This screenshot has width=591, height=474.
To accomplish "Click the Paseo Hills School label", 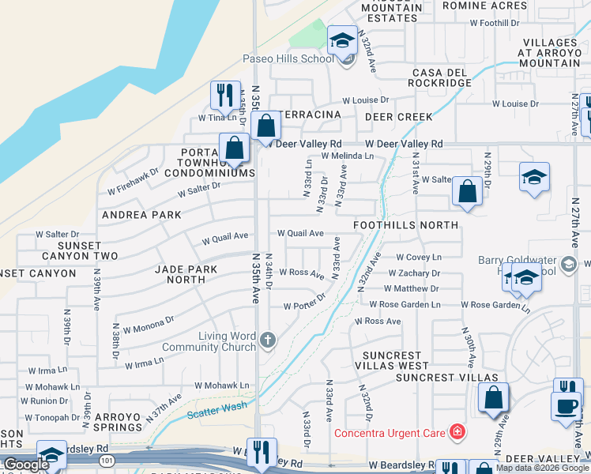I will [288, 59].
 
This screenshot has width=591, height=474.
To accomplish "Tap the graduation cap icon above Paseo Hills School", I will [342, 40].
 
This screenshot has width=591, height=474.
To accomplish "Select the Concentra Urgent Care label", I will [390, 432].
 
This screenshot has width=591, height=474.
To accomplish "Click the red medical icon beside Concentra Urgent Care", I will [456, 431].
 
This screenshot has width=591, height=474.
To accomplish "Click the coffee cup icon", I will [565, 406].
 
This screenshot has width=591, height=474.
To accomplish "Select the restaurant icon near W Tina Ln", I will [225, 95].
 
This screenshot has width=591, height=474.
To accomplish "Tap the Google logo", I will [26, 464].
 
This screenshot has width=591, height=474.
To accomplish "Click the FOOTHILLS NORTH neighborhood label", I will [405, 225].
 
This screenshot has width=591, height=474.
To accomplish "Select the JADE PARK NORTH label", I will [186, 274].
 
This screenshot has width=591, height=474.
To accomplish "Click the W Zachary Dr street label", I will [413, 273].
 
